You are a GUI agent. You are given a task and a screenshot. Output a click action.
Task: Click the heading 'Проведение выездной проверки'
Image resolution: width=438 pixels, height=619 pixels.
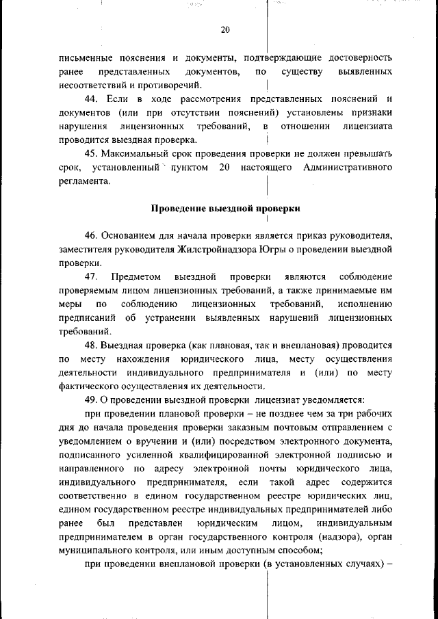225,207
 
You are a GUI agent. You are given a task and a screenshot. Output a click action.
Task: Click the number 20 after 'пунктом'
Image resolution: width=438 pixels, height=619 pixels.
224,168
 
